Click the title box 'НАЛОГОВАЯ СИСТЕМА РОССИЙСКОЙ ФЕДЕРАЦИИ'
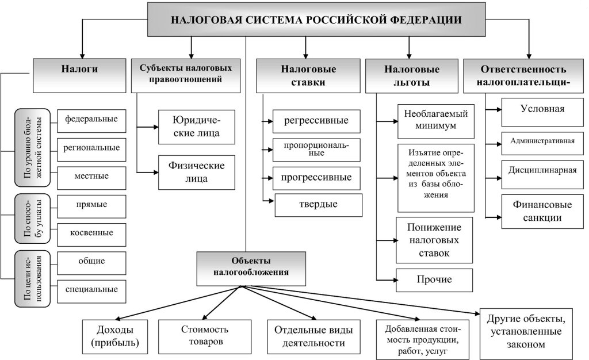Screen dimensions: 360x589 point(316,19)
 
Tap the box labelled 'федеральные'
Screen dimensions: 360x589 point(91,120)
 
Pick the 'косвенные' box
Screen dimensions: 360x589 point(93,233)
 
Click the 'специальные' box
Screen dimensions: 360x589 point(91,290)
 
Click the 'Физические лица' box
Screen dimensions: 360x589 point(197,171)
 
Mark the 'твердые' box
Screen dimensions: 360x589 point(319,204)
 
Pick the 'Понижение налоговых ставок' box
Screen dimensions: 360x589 point(435,239)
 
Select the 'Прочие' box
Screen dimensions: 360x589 point(435,280)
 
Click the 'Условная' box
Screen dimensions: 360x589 point(542,109)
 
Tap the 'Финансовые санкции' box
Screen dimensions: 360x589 point(542,210)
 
